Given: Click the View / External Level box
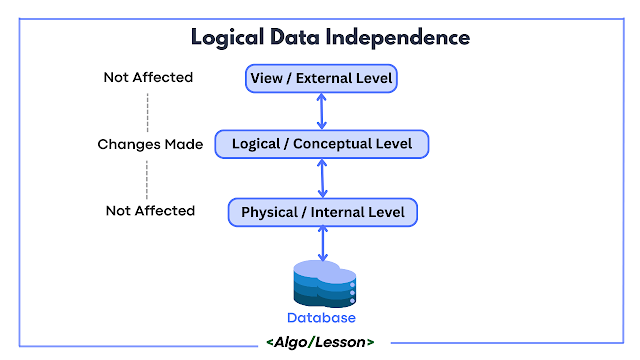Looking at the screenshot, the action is tap(321, 78).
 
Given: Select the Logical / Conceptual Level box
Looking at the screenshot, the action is tap(322, 144).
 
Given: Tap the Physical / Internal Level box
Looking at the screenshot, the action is tap(323, 212).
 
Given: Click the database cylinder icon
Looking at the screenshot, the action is tap(324, 284).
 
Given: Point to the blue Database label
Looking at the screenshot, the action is tap(321, 318).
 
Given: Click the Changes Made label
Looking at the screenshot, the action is tap(150, 144).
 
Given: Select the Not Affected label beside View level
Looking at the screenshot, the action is tap(148, 77).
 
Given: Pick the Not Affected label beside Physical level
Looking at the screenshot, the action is tap(150, 211).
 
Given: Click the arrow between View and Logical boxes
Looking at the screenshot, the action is tap(322, 111).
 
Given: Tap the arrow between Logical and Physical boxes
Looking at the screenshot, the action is tap(322, 178).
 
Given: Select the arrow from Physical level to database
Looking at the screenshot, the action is tap(323, 244).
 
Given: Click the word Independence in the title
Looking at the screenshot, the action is tap(398, 37).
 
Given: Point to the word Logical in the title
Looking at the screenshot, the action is tap(227, 38).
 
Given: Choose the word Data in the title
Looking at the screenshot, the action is tap(295, 37).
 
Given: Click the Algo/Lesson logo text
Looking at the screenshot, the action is tap(320, 342).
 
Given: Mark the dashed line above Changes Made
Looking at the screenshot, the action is tap(148, 112).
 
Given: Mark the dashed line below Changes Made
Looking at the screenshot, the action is tap(147, 180).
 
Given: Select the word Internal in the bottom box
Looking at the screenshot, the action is tap(338, 212).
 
